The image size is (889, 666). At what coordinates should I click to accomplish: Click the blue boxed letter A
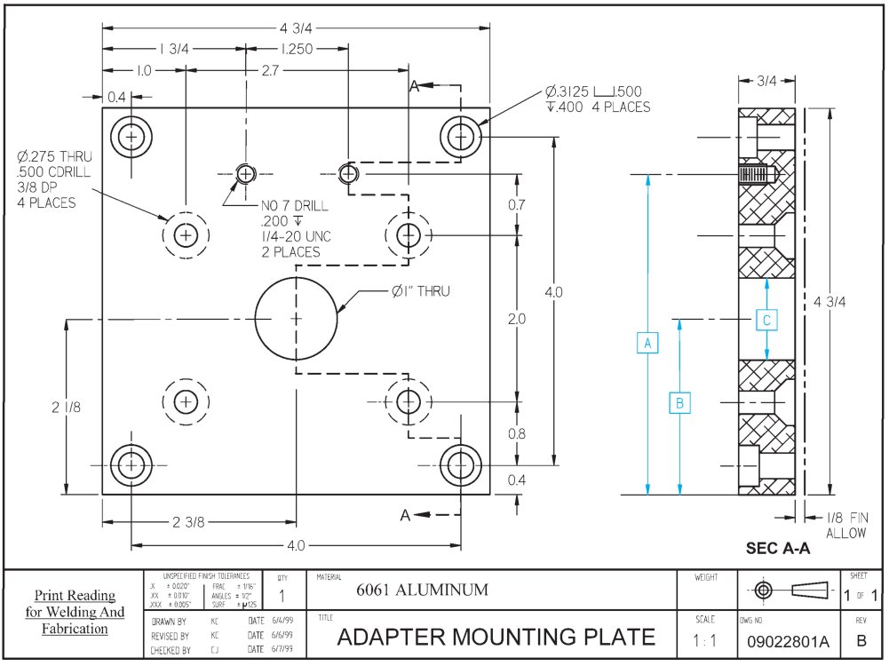click(648, 343)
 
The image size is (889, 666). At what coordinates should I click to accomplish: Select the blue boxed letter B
click(679, 403)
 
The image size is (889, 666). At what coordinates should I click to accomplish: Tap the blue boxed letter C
click(767, 319)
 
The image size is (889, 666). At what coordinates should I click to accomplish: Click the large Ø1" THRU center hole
click(297, 317)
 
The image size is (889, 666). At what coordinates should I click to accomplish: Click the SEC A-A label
click(777, 549)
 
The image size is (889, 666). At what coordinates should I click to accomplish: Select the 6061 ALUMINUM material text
click(422, 590)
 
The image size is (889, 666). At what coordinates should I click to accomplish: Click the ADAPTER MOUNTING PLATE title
click(496, 637)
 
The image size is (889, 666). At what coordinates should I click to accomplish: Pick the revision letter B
click(860, 639)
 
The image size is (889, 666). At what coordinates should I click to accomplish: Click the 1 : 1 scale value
click(707, 639)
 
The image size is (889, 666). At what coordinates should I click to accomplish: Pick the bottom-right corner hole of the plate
click(460, 464)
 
